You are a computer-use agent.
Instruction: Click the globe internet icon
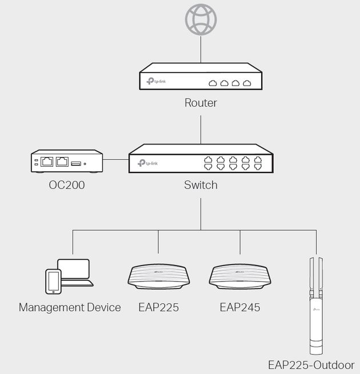point(201,19)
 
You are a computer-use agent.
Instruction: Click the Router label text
point(201,103)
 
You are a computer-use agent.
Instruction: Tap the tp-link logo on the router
point(156,81)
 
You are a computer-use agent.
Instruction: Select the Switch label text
point(201,185)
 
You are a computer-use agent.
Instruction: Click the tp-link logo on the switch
point(147,163)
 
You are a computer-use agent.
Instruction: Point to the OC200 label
point(67,185)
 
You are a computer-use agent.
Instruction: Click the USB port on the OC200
point(76,164)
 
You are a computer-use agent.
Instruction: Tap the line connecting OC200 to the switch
point(116,159)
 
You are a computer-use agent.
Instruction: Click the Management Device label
point(70,307)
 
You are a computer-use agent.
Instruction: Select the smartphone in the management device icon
point(53,281)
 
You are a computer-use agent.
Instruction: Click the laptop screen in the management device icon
point(74,269)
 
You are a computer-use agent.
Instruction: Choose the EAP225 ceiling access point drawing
point(159,277)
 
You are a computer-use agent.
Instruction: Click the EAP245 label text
point(240,307)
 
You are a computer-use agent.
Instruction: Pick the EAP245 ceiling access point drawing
point(240,277)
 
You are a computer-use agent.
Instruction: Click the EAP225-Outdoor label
point(311,365)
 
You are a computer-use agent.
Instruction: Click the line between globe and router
point(201,49)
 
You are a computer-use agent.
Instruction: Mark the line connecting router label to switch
point(201,130)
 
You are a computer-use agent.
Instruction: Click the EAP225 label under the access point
point(158,307)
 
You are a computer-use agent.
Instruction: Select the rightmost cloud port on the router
point(247,83)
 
